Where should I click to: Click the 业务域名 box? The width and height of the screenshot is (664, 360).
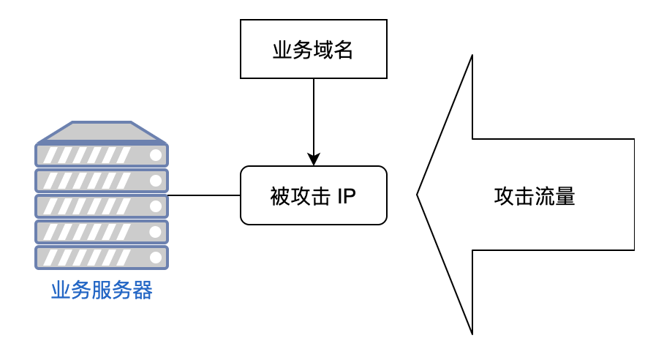click(x=313, y=49)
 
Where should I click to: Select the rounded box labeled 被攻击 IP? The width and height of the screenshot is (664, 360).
click(x=313, y=195)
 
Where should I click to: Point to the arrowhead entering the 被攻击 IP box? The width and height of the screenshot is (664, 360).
click(x=314, y=160)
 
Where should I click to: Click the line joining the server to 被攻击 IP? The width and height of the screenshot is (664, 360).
click(x=204, y=195)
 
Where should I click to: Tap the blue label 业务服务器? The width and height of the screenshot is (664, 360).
click(x=102, y=291)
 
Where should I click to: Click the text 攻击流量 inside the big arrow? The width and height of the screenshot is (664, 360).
click(x=535, y=196)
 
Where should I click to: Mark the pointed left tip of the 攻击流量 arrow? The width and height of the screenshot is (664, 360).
click(x=418, y=195)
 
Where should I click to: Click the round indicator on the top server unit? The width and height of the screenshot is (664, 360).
click(x=155, y=155)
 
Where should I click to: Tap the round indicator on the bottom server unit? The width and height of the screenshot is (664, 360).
click(x=155, y=258)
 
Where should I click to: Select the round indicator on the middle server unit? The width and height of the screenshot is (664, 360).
click(x=155, y=206)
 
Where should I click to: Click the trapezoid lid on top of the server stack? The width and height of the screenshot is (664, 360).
click(x=102, y=132)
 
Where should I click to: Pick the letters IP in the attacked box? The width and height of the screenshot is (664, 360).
click(x=347, y=196)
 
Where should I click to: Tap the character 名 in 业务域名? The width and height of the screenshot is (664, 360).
click(x=344, y=50)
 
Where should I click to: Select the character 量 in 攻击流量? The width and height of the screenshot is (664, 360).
click(x=565, y=196)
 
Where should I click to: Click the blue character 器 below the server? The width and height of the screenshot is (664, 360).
click(x=143, y=291)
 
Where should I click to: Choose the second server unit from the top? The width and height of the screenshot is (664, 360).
click(x=102, y=181)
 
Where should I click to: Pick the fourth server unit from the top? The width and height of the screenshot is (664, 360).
click(x=102, y=232)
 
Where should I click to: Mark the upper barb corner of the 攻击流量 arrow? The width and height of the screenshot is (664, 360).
click(x=472, y=57)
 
